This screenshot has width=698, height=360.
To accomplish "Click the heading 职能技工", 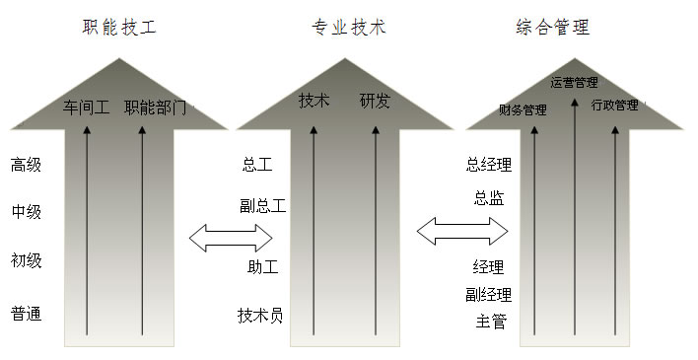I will click(x=119, y=28).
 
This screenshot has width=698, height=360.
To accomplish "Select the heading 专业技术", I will click(x=348, y=28).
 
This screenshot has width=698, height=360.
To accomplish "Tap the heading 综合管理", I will click(x=552, y=28).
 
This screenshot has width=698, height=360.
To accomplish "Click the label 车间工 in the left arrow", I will click(x=87, y=107).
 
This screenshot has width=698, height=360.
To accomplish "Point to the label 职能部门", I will click(x=156, y=107).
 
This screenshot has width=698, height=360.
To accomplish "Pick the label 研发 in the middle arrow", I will click(x=375, y=101).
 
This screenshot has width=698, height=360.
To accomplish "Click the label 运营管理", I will click(x=574, y=82).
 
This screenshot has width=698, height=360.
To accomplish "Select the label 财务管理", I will click(x=523, y=109).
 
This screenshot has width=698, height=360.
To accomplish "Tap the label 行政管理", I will click(x=615, y=105).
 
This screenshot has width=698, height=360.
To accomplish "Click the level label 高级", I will click(x=27, y=165).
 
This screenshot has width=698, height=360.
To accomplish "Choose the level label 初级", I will click(x=27, y=261).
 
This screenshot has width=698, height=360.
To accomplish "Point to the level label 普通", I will click(x=27, y=315).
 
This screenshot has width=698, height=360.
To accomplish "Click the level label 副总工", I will click(x=263, y=206).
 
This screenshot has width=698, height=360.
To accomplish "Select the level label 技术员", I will click(x=260, y=316).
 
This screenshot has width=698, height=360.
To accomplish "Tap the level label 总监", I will click(x=489, y=198).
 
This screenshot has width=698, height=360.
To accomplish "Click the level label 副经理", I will click(x=489, y=294).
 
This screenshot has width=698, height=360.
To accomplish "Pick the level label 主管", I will click(x=491, y=321).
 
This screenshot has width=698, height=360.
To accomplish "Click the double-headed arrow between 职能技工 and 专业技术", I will click(x=231, y=237).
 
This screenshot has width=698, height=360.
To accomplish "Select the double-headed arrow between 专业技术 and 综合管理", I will click(x=461, y=232).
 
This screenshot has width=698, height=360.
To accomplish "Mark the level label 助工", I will click(x=263, y=266).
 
